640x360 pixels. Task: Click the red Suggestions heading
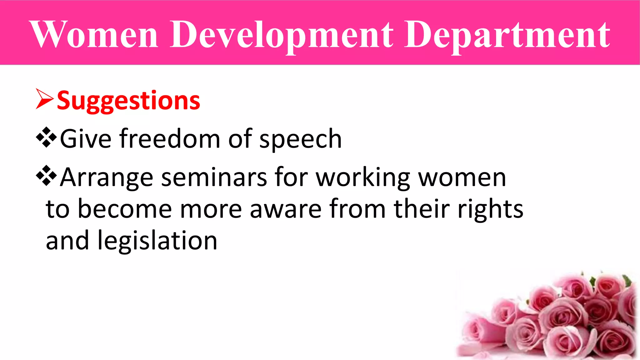click(128, 101)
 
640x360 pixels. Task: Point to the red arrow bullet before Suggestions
click(44, 99)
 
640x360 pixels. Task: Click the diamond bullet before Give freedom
click(46, 137)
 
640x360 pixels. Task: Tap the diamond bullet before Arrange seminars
click(46, 176)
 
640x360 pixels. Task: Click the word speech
click(301, 140)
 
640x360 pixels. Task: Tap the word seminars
click(214, 177)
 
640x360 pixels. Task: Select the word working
click(363, 178)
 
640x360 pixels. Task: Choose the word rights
click(490, 209)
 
